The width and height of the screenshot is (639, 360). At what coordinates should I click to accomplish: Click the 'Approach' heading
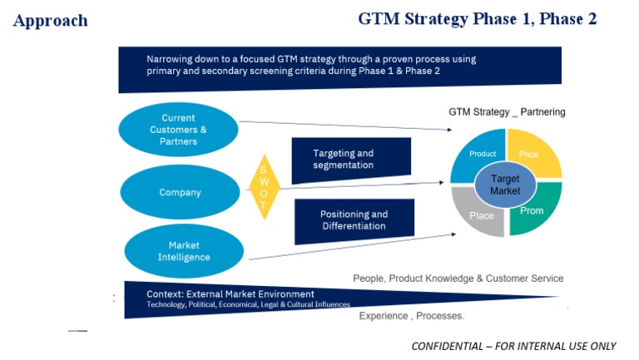coord(51,20)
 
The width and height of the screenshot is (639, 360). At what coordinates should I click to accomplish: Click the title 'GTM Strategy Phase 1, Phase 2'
coord(478,19)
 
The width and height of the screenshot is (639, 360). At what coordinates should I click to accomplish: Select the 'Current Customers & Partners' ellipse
coord(178,130)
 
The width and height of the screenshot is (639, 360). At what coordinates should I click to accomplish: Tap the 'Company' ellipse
coord(180,192)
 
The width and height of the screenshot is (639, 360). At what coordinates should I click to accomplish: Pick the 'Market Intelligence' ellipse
coord(184,251)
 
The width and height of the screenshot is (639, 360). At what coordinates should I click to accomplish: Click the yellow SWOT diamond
coord(264,187)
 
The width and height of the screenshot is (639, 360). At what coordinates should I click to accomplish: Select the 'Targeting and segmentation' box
coord(351,160)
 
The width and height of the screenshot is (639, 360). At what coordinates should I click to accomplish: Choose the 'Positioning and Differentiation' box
coord(354,220)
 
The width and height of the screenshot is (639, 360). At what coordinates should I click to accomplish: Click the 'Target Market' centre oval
coord(505,185)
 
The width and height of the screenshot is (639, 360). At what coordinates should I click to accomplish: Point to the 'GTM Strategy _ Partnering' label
coord(507,112)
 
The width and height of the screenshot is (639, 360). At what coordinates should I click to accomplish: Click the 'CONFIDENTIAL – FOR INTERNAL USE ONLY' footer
coord(513,346)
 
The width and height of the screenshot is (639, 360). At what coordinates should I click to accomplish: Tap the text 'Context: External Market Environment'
coord(230,294)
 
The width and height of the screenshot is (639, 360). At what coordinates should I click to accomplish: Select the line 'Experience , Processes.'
coord(412,316)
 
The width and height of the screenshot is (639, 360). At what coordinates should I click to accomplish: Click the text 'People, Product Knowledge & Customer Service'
coord(458,279)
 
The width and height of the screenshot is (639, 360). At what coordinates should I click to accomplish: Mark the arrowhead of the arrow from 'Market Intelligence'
coord(453,234)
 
